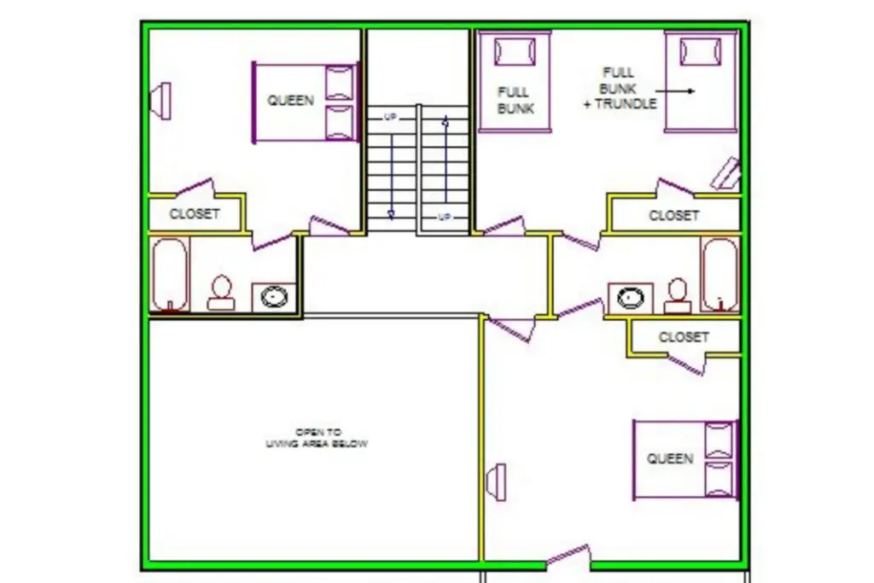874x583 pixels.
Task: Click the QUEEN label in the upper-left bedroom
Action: point(290,101)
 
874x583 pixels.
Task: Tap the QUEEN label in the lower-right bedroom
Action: point(670,458)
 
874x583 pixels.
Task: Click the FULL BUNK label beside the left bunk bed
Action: point(515,101)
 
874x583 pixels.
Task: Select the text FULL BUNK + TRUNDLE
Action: point(620,88)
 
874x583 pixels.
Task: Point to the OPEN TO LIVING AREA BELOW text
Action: point(317,438)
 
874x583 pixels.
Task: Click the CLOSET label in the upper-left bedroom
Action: point(195,214)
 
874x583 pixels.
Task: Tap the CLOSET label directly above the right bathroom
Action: point(673,215)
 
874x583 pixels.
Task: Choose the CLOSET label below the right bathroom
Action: point(684,337)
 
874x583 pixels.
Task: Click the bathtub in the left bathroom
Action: point(170,274)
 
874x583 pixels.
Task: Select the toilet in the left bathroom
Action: point(221,293)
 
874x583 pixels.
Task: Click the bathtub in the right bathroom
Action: point(720,274)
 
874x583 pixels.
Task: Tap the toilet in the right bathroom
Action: point(678,295)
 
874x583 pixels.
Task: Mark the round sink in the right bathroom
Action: point(631,298)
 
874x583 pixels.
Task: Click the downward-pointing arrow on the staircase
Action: point(391,176)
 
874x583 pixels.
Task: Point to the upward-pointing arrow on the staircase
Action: point(446,158)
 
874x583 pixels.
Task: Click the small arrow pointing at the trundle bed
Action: point(675,90)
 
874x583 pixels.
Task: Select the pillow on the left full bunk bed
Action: point(515,52)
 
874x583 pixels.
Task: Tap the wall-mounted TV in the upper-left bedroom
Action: point(161,101)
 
